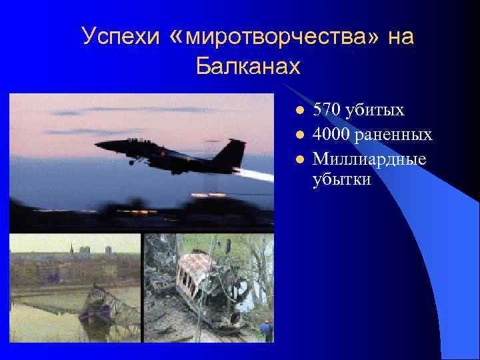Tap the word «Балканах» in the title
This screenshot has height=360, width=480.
[248, 66]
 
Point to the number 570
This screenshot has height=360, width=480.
[327, 110]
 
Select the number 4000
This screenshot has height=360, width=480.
[331, 135]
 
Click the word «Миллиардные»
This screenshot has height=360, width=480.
[369, 160]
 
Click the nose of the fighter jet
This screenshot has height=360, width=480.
[99, 144]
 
